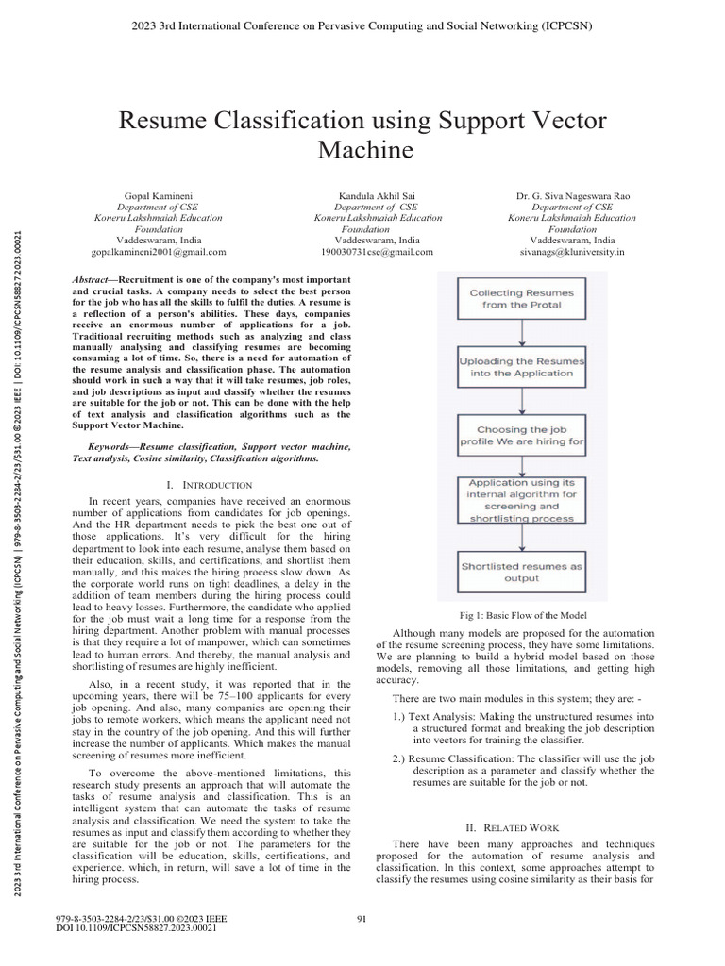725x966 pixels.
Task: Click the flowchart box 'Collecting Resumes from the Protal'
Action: pyautogui.click(x=522, y=299)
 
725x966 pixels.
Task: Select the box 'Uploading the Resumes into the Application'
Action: pyautogui.click(x=522, y=367)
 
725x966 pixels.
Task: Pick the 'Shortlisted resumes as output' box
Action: pyautogui.click(x=522, y=572)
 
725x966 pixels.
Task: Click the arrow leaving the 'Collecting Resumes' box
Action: pyautogui.click(x=522, y=333)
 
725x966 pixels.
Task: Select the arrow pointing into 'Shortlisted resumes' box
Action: pyautogui.click(x=522, y=538)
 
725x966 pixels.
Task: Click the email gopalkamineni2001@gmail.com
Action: pyautogui.click(x=159, y=252)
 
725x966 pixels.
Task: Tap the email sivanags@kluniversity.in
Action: pyautogui.click(x=573, y=252)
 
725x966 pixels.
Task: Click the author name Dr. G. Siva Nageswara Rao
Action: pyautogui.click(x=573, y=195)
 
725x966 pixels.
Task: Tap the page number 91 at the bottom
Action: pyautogui.click(x=362, y=919)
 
